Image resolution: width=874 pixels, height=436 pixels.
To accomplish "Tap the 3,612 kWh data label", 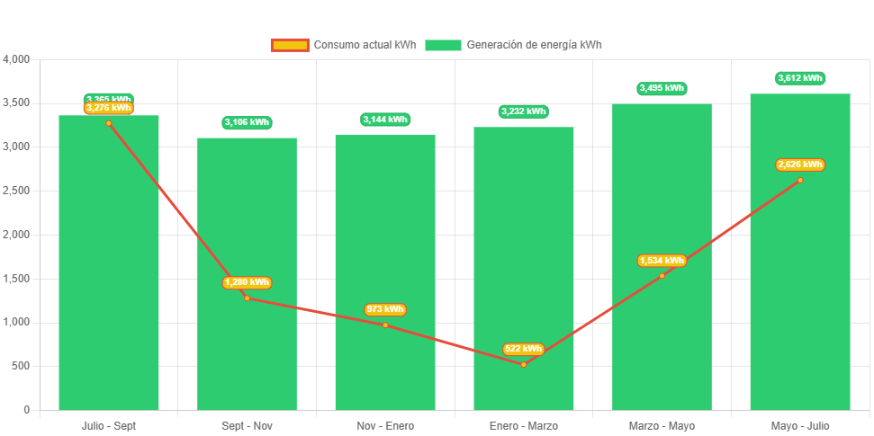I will pyautogui.click(x=800, y=78).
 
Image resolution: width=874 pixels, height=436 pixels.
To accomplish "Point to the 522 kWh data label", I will pyautogui.click(x=523, y=349).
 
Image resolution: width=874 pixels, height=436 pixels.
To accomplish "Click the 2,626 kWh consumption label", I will pyautogui.click(x=800, y=165).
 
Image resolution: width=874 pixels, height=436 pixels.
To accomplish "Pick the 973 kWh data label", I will pyautogui.click(x=385, y=309).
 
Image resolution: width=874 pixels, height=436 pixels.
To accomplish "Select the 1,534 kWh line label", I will pyautogui.click(x=662, y=261).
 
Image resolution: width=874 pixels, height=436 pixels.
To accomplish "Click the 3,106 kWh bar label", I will pyautogui.click(x=247, y=122).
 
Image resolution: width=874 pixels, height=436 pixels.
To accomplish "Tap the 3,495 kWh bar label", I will pyautogui.click(x=662, y=88).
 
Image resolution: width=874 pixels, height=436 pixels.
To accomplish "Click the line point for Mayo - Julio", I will pyautogui.click(x=800, y=180).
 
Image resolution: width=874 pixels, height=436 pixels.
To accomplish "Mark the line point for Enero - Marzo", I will pyautogui.click(x=523, y=364).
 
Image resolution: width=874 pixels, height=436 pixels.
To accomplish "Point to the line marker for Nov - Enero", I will pyautogui.click(x=385, y=325).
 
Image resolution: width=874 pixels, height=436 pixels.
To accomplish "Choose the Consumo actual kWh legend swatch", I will pyautogui.click(x=289, y=45).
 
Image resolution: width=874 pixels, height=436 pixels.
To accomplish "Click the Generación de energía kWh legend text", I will pyautogui.click(x=534, y=45).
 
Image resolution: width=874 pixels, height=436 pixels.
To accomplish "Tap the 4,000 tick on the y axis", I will pyautogui.click(x=17, y=59).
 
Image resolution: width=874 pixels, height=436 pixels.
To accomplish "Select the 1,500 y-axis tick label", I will pyautogui.click(x=17, y=279).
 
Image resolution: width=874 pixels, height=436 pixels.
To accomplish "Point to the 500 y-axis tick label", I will pyautogui.click(x=20, y=366).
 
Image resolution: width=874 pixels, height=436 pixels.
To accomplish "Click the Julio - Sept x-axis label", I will pyautogui.click(x=109, y=425).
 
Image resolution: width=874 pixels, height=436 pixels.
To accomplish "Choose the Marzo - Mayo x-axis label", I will pyautogui.click(x=662, y=425).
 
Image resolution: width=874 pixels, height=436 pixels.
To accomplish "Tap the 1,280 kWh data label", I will pyautogui.click(x=247, y=282).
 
